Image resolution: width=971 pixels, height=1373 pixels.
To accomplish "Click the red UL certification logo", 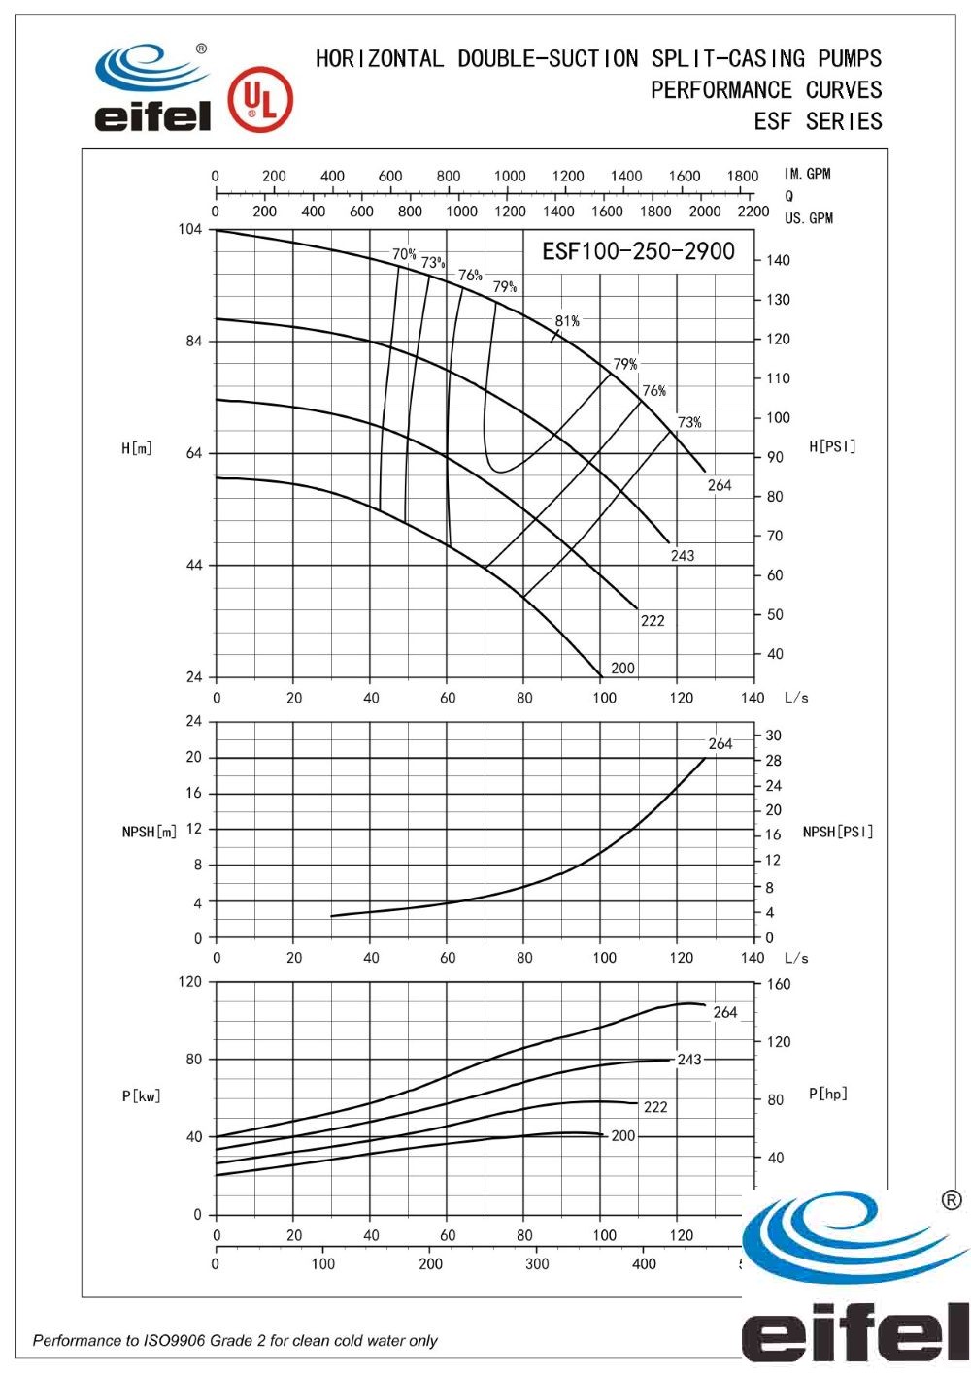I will tap(259, 100).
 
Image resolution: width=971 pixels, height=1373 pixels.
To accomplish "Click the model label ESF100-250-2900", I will tap(638, 251).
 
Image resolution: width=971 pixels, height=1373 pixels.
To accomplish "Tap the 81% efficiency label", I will tap(567, 321).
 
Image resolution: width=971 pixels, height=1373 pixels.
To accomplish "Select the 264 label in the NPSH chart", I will tap(720, 744).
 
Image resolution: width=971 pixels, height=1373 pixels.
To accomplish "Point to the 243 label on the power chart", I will tap(689, 1060).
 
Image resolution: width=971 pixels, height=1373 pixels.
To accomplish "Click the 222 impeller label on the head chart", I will tap(653, 621).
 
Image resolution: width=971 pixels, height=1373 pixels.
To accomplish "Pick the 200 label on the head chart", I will tap(622, 669).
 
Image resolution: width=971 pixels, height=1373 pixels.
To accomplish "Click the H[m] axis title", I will tap(137, 448).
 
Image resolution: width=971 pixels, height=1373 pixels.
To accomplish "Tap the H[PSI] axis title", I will tap(832, 446).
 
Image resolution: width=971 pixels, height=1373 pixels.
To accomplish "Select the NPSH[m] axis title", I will tap(150, 832).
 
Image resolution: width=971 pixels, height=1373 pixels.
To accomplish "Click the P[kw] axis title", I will tap(141, 1096).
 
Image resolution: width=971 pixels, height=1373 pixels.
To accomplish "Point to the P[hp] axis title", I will tap(828, 1094).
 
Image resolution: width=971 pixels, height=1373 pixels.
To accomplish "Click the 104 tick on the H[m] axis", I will tap(190, 229).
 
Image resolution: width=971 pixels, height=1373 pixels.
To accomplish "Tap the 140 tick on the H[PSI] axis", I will tap(778, 260).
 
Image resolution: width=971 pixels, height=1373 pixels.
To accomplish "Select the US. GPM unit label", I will tap(809, 218).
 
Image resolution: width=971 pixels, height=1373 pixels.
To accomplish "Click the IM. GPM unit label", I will tap(808, 174).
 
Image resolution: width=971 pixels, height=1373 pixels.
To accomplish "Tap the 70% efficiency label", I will tap(404, 254).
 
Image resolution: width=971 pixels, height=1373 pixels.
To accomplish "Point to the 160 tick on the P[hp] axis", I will tap(779, 984).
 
